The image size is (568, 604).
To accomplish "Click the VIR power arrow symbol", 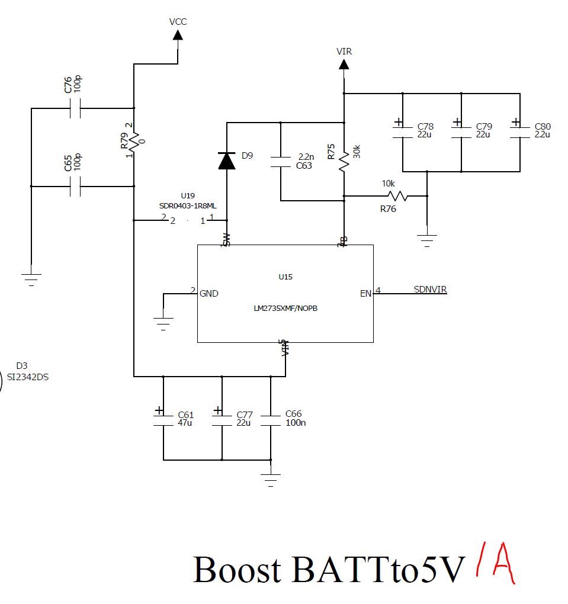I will (x=344, y=63).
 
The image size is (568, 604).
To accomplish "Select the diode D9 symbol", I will (x=226, y=160).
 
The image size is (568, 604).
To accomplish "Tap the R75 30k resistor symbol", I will (x=344, y=160).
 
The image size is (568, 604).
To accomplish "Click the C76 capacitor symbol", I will (x=75, y=108).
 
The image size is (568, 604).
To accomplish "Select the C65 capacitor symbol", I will (x=75, y=187).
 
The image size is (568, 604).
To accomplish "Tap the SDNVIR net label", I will (x=430, y=290).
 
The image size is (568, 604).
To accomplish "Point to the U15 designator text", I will (x=285, y=277).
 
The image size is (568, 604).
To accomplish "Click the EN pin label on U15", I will (x=365, y=293).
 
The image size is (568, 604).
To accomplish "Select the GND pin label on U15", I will (x=209, y=293).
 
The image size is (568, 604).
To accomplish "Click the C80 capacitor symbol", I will (x=519, y=131).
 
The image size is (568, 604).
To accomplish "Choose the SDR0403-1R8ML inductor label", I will (x=187, y=205).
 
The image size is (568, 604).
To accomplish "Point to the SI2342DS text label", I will (x=27, y=377).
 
